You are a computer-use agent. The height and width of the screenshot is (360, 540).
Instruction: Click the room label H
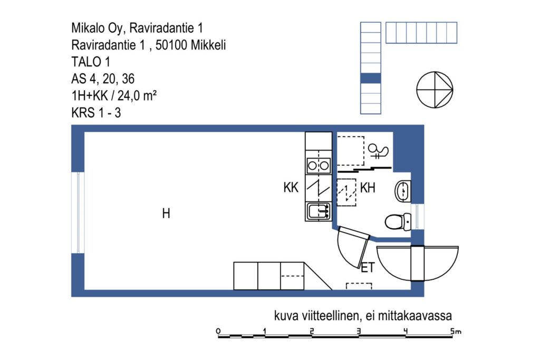(166, 213)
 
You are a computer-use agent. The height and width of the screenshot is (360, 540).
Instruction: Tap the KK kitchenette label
(291, 188)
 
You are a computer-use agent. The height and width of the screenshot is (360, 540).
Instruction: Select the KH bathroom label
(368, 188)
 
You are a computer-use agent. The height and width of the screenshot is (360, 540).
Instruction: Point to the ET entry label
(368, 267)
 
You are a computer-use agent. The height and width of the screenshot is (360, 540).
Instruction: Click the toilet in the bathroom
(398, 222)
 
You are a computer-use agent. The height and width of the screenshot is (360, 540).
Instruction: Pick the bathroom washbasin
(402, 191)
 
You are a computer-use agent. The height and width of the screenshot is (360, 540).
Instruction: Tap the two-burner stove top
(318, 166)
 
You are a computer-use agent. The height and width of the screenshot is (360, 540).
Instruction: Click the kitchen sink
(319, 211)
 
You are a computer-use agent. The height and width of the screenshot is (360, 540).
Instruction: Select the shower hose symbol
(378, 151)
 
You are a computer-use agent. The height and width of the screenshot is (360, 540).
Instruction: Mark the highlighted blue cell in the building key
(371, 78)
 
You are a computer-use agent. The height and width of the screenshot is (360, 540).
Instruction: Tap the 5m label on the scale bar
(456, 331)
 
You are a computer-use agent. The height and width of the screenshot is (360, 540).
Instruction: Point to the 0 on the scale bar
(218, 331)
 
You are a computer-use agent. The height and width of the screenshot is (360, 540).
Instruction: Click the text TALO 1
(91, 62)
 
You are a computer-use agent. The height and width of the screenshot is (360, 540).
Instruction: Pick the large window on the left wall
(78, 213)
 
